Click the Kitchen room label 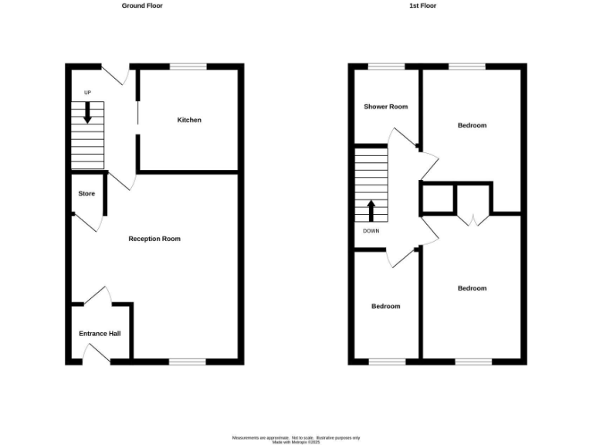pyautogui.click(x=189, y=120)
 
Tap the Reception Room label pyautogui.click(x=154, y=239)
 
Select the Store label pyautogui.click(x=86, y=193)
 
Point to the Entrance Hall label pyautogui.click(x=100, y=334)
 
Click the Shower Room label pyautogui.click(x=386, y=107)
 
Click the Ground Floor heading pyautogui.click(x=142, y=5)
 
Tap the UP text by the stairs pyautogui.click(x=87, y=93)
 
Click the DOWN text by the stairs pyautogui.click(x=371, y=230)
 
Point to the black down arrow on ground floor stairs pyautogui.click(x=87, y=114)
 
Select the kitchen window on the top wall pyautogui.click(x=188, y=66)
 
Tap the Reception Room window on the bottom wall pyautogui.click(x=188, y=361)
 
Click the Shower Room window pyautogui.click(x=386, y=66)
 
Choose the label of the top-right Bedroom pyautogui.click(x=472, y=125)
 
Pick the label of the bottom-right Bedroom pyautogui.click(x=472, y=288)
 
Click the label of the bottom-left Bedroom pyautogui.click(x=386, y=306)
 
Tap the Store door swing pyautogui.click(x=91, y=222)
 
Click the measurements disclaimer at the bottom pyautogui.click(x=296, y=438)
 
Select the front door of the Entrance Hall pyautogui.click(x=97, y=354)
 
